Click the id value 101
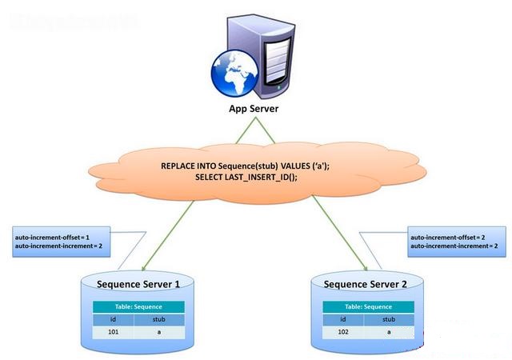tap(114, 330)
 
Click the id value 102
tap(343, 330)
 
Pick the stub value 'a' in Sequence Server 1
tap(160, 330)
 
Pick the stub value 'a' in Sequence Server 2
tap(390, 330)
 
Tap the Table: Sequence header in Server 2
tap(367, 306)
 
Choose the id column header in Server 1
tap(114, 318)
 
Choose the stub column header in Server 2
tap(390, 318)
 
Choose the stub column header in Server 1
tap(160, 318)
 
